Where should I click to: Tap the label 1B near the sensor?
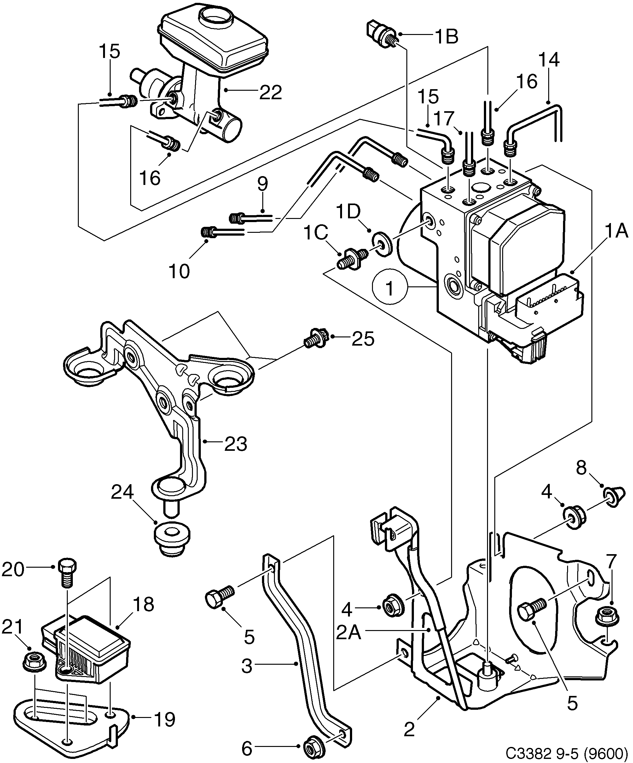tap(446, 37)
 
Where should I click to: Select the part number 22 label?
tap(270, 93)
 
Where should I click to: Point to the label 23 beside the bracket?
tap(235, 444)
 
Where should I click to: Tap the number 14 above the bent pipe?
tap(549, 59)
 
